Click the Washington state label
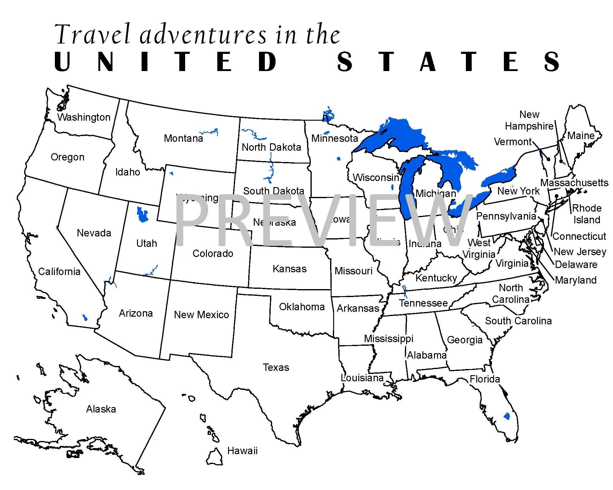pyautogui.click(x=84, y=117)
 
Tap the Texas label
pyautogui.click(x=276, y=367)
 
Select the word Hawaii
pyautogui.click(x=242, y=451)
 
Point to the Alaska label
pyautogui.click(x=101, y=409)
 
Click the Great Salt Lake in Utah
pyautogui.click(x=142, y=214)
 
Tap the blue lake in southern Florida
pyautogui.click(x=507, y=416)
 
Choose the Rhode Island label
pyautogui.click(x=587, y=214)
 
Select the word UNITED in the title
pyautogui.click(x=166, y=62)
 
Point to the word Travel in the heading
pyautogui.click(x=93, y=34)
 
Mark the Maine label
pyautogui.click(x=581, y=136)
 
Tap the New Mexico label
pyautogui.click(x=201, y=315)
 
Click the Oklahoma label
pyautogui.click(x=302, y=307)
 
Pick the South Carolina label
pyautogui.click(x=518, y=321)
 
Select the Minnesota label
pyautogui.click(x=335, y=138)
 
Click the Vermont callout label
pyautogui.click(x=513, y=142)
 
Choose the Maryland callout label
pyautogui.click(x=576, y=280)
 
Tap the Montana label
pyautogui.click(x=183, y=138)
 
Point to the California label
pyautogui.click(x=59, y=271)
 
